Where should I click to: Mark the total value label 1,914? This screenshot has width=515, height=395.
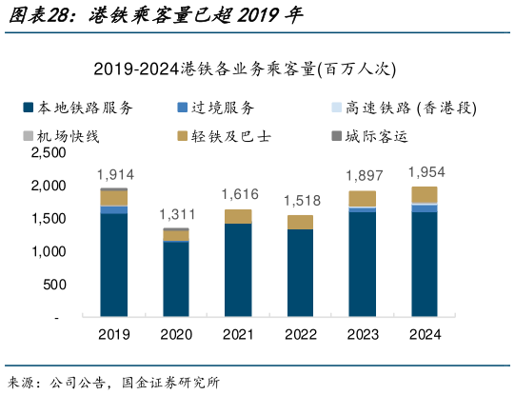(x=115, y=174)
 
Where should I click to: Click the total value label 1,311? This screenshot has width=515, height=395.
(x=177, y=214)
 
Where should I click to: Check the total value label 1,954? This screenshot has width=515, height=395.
(x=425, y=171)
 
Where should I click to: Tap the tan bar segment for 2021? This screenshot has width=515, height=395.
(x=239, y=217)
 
